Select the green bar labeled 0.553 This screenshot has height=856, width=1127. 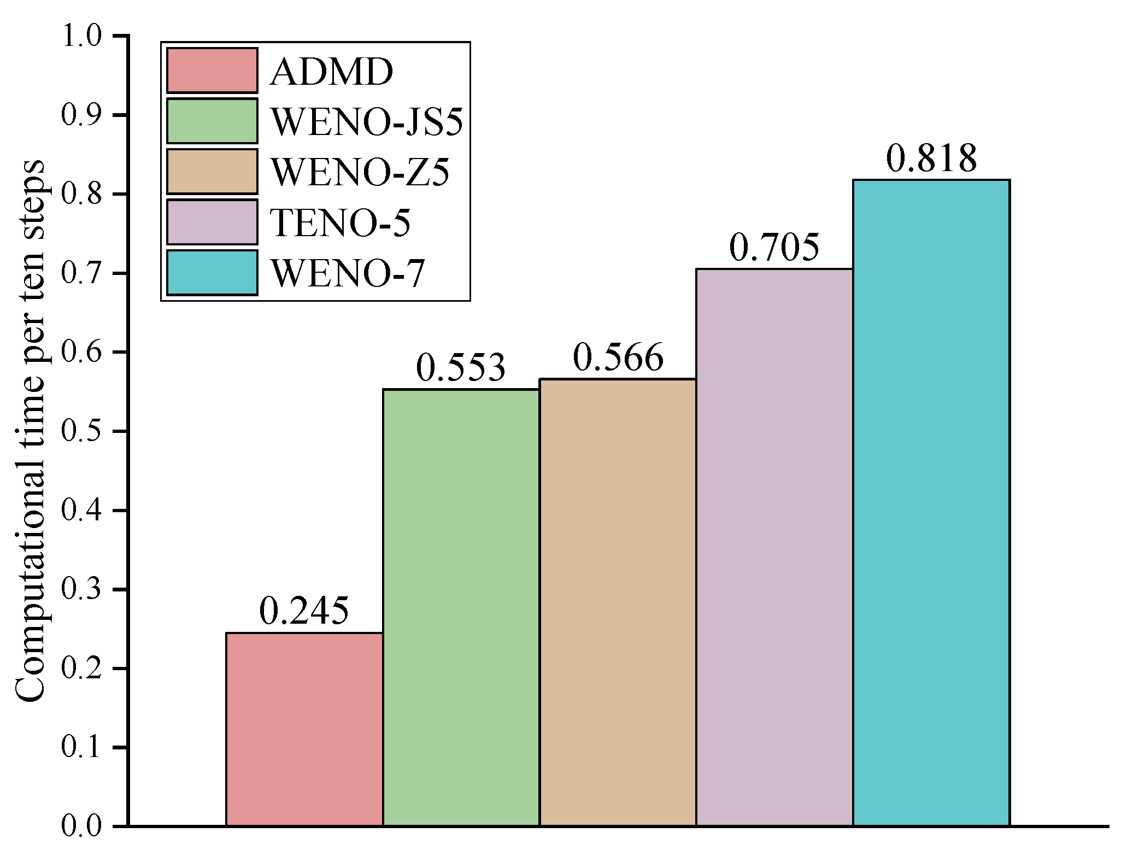click(461, 607)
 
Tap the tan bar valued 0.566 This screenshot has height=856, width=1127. click(618, 601)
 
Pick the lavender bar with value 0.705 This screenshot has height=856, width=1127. click(774, 547)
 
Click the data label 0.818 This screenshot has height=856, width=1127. click(931, 159)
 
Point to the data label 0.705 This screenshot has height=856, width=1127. click(774, 248)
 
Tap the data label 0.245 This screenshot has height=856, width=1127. click(304, 611)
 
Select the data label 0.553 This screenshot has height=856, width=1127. click(461, 368)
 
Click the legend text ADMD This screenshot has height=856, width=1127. click(331, 72)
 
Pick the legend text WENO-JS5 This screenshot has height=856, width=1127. click(367, 122)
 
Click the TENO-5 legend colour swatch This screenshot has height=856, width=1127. click(212, 222)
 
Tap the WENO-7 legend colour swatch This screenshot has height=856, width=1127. click(212, 273)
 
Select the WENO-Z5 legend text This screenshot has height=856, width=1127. click(360, 172)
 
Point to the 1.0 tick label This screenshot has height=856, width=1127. click(81, 37)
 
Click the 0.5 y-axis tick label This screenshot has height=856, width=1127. click(81, 432)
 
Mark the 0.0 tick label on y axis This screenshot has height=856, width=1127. click(81, 826)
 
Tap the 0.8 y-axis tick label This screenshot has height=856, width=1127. click(81, 195)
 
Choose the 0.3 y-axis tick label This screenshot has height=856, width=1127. click(81, 590)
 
